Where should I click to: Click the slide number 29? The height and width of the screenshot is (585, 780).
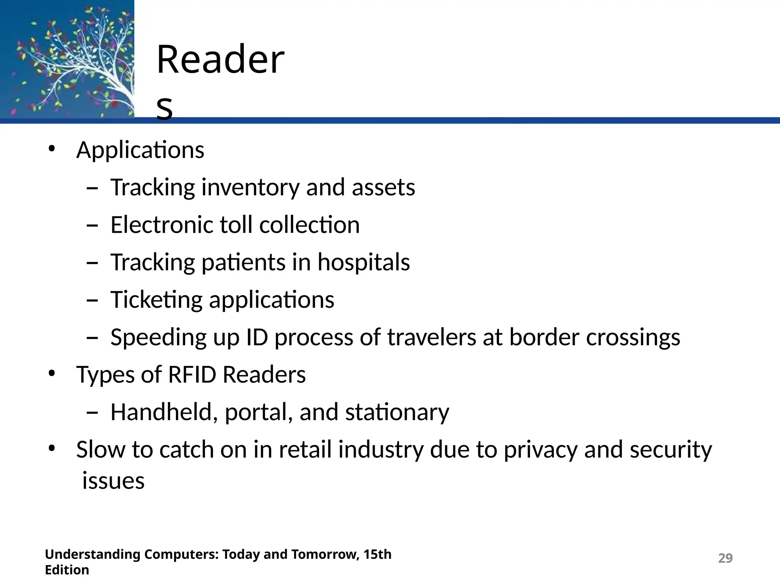tap(725, 558)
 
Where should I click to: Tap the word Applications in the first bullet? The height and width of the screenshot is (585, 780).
tap(140, 150)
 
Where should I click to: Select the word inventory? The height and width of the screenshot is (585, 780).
tap(250, 188)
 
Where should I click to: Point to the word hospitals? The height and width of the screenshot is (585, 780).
tap(364, 262)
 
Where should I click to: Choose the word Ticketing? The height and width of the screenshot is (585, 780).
tap(156, 300)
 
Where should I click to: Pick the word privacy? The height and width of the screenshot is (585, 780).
tap(541, 450)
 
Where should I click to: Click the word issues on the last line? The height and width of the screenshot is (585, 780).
tap(113, 481)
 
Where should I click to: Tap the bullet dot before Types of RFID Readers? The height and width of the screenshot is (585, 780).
tap(52, 374)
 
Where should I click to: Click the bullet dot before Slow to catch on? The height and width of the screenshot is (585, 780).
tap(52, 449)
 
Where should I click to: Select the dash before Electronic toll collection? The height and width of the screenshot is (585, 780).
tap(92, 225)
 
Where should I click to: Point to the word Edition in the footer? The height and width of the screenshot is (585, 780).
tap(67, 570)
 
